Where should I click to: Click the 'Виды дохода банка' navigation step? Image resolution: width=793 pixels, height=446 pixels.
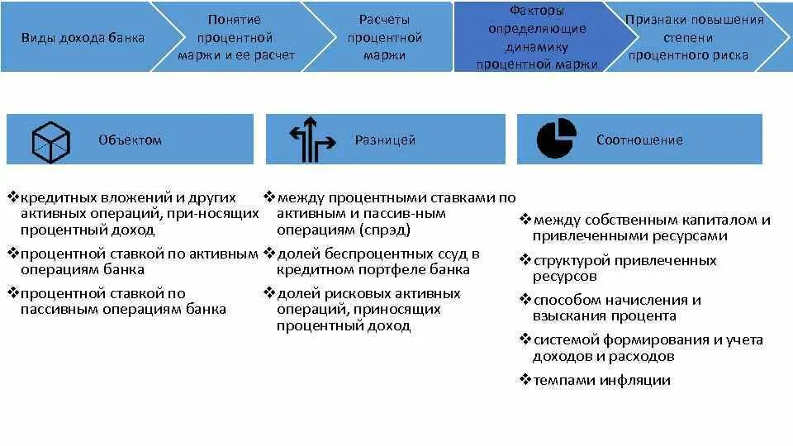(83, 37)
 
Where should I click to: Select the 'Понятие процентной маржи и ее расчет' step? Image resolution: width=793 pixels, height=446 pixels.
(235, 37)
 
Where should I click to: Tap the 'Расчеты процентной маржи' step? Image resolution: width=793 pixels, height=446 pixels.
(384, 37)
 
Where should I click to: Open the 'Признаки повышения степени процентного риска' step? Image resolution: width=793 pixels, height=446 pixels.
(694, 37)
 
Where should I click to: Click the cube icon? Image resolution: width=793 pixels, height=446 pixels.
(51, 140)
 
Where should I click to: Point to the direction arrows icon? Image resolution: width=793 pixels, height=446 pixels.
(311, 139)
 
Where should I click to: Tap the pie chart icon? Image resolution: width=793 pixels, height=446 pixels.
(557, 139)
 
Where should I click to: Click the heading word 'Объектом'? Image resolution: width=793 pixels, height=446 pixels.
(130, 140)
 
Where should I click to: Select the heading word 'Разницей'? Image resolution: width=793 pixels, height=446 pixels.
(385, 140)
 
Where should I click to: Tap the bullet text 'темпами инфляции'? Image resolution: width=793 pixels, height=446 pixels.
(601, 381)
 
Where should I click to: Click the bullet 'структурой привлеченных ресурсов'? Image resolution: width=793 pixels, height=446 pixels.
(624, 268)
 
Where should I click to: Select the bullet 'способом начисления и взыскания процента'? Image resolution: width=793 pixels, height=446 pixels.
(616, 308)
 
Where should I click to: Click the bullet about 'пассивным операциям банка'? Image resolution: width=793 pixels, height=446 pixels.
(123, 301)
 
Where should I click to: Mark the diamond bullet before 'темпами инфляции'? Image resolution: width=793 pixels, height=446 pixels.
(525, 380)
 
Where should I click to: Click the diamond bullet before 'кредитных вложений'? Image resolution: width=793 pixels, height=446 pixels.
(13, 197)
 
